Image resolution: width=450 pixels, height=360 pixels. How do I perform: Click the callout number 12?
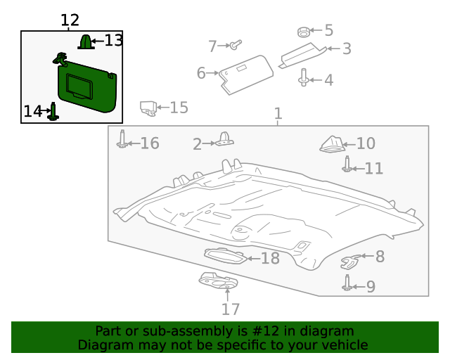pyautogui.click(x=70, y=20)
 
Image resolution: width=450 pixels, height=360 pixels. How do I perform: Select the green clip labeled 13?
pyautogui.click(x=85, y=43)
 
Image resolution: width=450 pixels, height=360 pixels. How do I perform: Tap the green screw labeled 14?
pyautogui.click(x=52, y=112)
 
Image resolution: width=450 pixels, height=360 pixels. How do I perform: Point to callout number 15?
pyautogui.click(x=179, y=108)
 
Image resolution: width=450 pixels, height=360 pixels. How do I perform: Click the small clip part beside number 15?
pyautogui.click(x=148, y=108)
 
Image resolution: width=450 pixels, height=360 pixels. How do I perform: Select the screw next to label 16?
pyautogui.click(x=122, y=139)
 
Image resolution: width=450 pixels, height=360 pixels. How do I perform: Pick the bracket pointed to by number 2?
pyautogui.click(x=225, y=140)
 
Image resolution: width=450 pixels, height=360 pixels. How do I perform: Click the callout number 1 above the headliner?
pyautogui.click(x=278, y=113)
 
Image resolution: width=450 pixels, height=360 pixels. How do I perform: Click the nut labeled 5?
pyautogui.click(x=302, y=32)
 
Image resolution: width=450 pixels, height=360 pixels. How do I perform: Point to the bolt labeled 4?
pyautogui.click(x=303, y=77)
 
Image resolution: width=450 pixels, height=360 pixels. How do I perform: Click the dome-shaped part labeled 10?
pyautogui.click(x=332, y=143)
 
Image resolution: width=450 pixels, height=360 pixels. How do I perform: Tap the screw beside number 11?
pyautogui.click(x=347, y=165)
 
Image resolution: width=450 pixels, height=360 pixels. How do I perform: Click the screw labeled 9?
pyautogui.click(x=347, y=283)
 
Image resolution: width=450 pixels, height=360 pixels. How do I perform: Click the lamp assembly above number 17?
pyautogui.click(x=217, y=281)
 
